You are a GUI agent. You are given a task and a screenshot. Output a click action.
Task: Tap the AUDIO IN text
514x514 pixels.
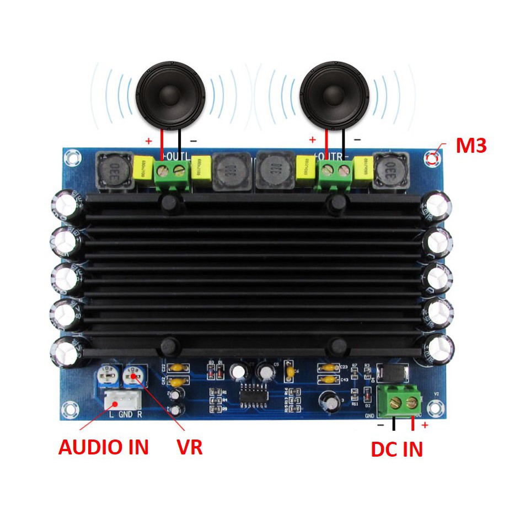(104, 447)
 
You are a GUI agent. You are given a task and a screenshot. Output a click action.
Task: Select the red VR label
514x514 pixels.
(189, 447)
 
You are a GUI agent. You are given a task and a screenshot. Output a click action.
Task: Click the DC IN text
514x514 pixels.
(397, 449)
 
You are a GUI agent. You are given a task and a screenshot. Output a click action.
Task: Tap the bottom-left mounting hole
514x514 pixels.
(69, 409)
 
